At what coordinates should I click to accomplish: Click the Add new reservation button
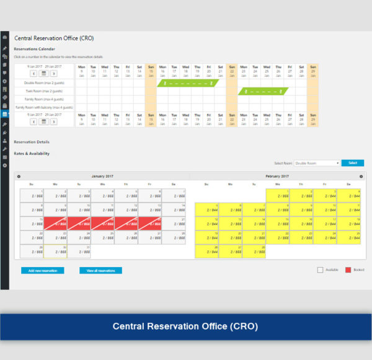pyautogui.click(x=42, y=271)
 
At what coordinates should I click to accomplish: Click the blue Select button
pyautogui.click(x=352, y=163)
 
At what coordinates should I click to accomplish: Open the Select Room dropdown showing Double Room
pyautogui.click(x=317, y=163)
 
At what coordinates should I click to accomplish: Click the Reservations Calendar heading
pyautogui.click(x=35, y=48)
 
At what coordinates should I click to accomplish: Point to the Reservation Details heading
pyautogui.click(x=32, y=142)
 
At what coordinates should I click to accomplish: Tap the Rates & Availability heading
pyautogui.click(x=32, y=153)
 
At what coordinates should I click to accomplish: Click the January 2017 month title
pyautogui.click(x=103, y=177)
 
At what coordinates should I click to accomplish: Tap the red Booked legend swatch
pyautogui.click(x=348, y=270)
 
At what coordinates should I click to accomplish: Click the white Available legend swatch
pyautogui.click(x=320, y=270)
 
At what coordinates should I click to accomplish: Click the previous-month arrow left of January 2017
pyautogui.click(x=19, y=177)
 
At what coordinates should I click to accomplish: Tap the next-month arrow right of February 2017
pyautogui.click(x=361, y=177)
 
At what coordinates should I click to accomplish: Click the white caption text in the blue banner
pyautogui.click(x=185, y=326)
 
